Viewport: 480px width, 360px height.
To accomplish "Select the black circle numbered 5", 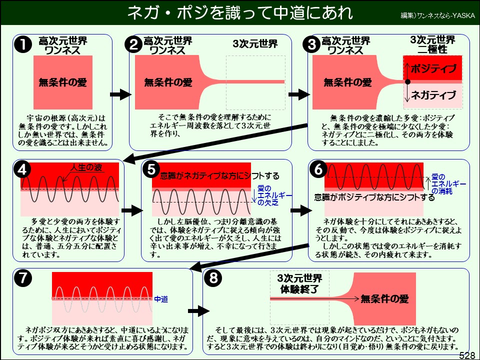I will tap(151, 170).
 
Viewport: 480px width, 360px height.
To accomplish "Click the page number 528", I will tap(466, 355).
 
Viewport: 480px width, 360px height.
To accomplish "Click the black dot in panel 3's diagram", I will tap(407, 81).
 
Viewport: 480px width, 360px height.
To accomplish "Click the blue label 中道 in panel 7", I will tap(160, 299).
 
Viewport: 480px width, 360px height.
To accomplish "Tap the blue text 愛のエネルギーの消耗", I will tap(448, 184).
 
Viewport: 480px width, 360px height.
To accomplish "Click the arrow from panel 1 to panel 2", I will tap(120, 94).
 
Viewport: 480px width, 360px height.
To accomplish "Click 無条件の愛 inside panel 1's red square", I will tap(63, 82).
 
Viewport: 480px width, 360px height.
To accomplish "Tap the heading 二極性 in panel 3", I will tap(432, 50).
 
